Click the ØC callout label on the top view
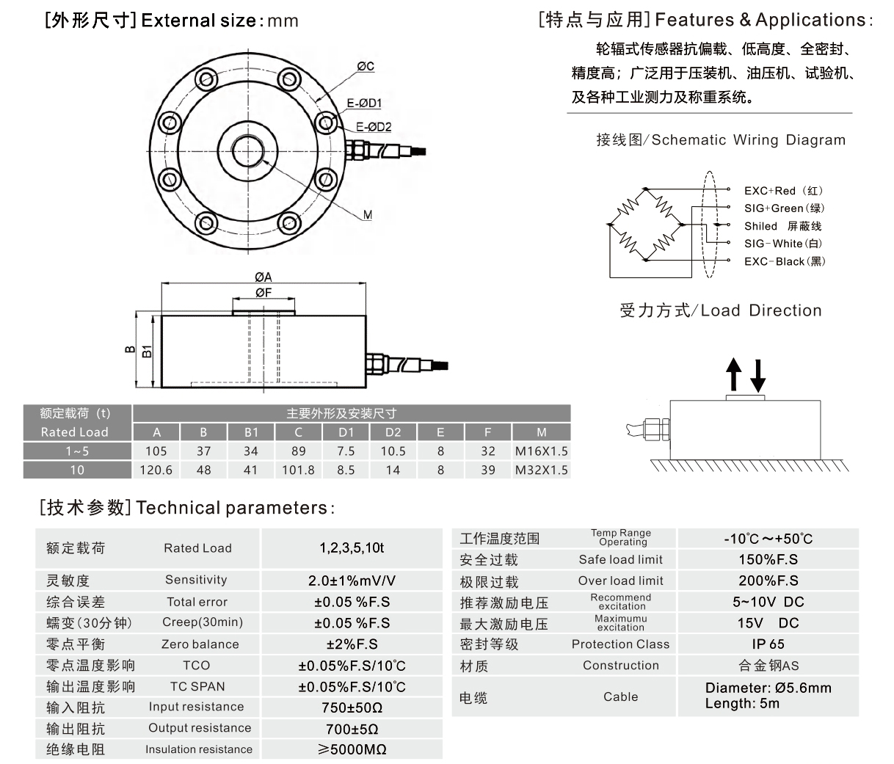click(x=366, y=67)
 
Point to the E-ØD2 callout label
click(x=374, y=127)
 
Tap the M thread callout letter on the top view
click(x=368, y=215)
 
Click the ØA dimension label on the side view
click(x=264, y=277)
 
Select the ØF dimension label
click(x=264, y=292)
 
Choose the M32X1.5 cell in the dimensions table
click(x=542, y=470)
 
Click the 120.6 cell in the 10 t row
click(x=156, y=470)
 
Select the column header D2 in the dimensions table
click(x=393, y=432)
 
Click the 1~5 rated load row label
click(x=77, y=451)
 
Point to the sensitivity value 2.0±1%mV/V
click(x=352, y=581)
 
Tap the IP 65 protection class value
click(x=768, y=644)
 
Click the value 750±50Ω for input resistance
click(x=352, y=708)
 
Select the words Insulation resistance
click(x=198, y=749)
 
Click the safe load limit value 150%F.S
click(x=768, y=559)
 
